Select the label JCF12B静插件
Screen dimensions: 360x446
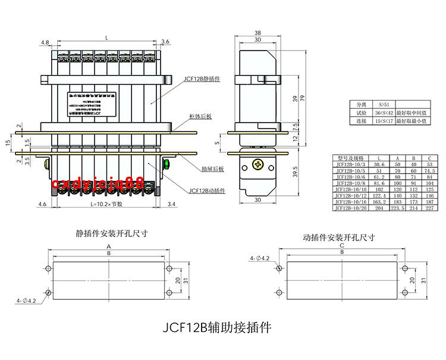point(202,78)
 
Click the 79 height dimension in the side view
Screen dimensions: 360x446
point(304,99)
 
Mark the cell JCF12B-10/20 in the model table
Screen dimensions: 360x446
point(351,208)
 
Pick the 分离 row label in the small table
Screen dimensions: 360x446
point(362,104)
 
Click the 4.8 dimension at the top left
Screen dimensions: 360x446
point(45,42)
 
